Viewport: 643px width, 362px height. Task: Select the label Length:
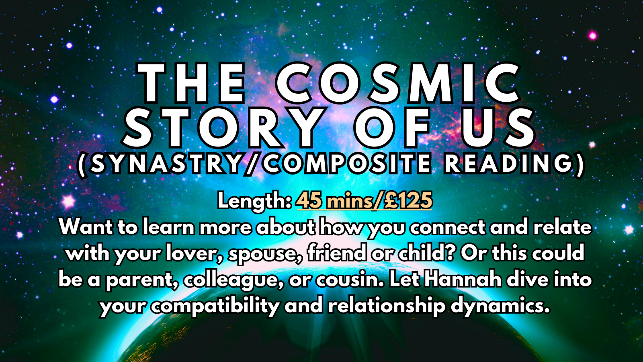click(255, 201)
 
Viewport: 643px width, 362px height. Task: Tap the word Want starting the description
click(86, 228)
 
